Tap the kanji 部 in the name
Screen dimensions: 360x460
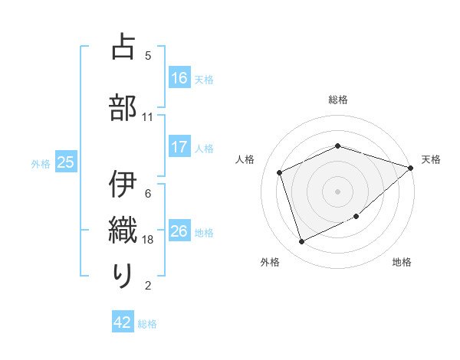pos(123,107)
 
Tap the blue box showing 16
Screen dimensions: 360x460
pos(179,77)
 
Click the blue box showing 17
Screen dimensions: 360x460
pos(179,148)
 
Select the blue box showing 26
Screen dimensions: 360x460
pos(179,231)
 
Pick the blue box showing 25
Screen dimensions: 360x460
pos(66,162)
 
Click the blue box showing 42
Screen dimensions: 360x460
pos(123,323)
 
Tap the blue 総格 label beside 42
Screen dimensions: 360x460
pos(147,324)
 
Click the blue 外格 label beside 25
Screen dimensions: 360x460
pos(41,163)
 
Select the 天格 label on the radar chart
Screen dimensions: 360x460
pos(431,159)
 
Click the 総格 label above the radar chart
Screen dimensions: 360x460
pos(338,100)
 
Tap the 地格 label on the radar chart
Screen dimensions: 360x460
pos(402,263)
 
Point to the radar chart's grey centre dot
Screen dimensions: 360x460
pos(338,191)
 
